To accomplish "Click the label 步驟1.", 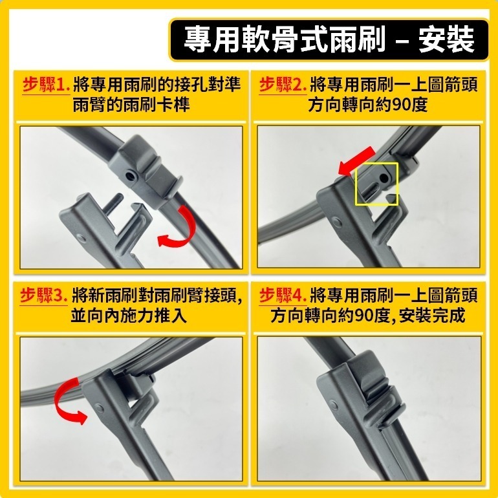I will point(46,85).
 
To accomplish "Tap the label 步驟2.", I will point(282,85).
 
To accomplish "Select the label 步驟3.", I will point(46,296).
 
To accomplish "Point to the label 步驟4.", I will point(282,296).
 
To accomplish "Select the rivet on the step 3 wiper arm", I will point(99,408).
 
